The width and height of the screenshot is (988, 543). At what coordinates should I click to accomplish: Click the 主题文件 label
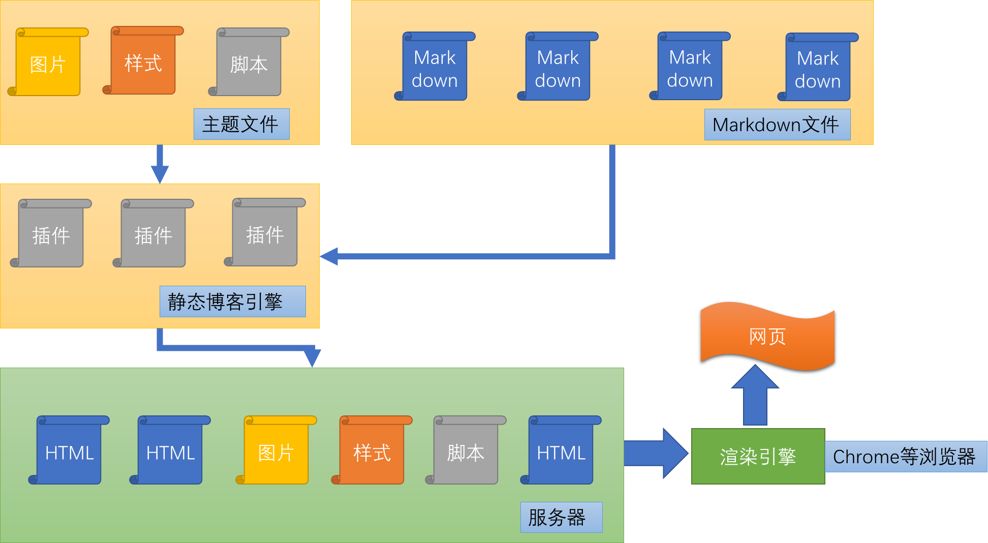coord(241,124)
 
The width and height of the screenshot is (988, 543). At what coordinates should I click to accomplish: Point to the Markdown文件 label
coord(777,125)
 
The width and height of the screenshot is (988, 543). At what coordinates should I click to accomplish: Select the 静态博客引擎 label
coord(232,301)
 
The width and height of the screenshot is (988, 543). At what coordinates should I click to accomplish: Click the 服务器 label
coord(561,518)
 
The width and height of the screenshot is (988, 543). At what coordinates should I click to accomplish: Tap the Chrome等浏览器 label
coord(905,457)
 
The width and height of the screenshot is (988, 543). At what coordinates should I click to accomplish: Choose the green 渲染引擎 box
coord(758,457)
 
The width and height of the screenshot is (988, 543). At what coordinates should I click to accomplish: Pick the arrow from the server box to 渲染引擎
coord(656,453)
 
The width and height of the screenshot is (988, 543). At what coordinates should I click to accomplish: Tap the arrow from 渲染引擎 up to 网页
coord(755,397)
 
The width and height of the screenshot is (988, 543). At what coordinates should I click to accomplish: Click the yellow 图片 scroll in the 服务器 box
coord(276,451)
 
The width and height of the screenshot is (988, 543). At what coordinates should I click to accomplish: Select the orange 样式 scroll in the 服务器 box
coord(372,451)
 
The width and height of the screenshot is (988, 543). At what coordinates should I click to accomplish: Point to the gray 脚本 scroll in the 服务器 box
coord(466,451)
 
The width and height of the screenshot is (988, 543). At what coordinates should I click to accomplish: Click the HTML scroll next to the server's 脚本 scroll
coord(561,451)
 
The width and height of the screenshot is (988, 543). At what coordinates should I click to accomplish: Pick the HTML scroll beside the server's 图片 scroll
coord(170,451)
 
